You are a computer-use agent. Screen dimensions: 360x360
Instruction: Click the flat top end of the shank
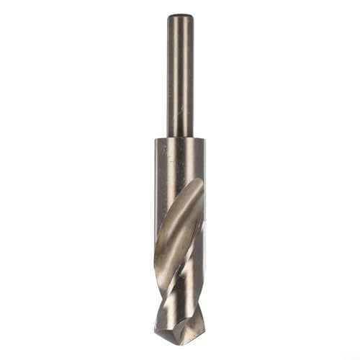[x=180, y=16]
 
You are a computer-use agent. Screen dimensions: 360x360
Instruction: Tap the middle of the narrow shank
[x=180, y=76]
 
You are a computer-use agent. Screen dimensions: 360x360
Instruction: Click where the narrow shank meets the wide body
[x=180, y=137]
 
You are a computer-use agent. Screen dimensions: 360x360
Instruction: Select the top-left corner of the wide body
[x=156, y=139]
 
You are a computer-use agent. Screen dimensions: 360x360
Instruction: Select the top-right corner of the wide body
[x=204, y=139]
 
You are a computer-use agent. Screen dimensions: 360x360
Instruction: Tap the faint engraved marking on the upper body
[x=166, y=153]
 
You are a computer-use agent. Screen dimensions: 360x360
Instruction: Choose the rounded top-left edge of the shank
[x=170, y=18]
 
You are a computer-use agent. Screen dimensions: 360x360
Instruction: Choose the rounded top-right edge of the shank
[x=190, y=18]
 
